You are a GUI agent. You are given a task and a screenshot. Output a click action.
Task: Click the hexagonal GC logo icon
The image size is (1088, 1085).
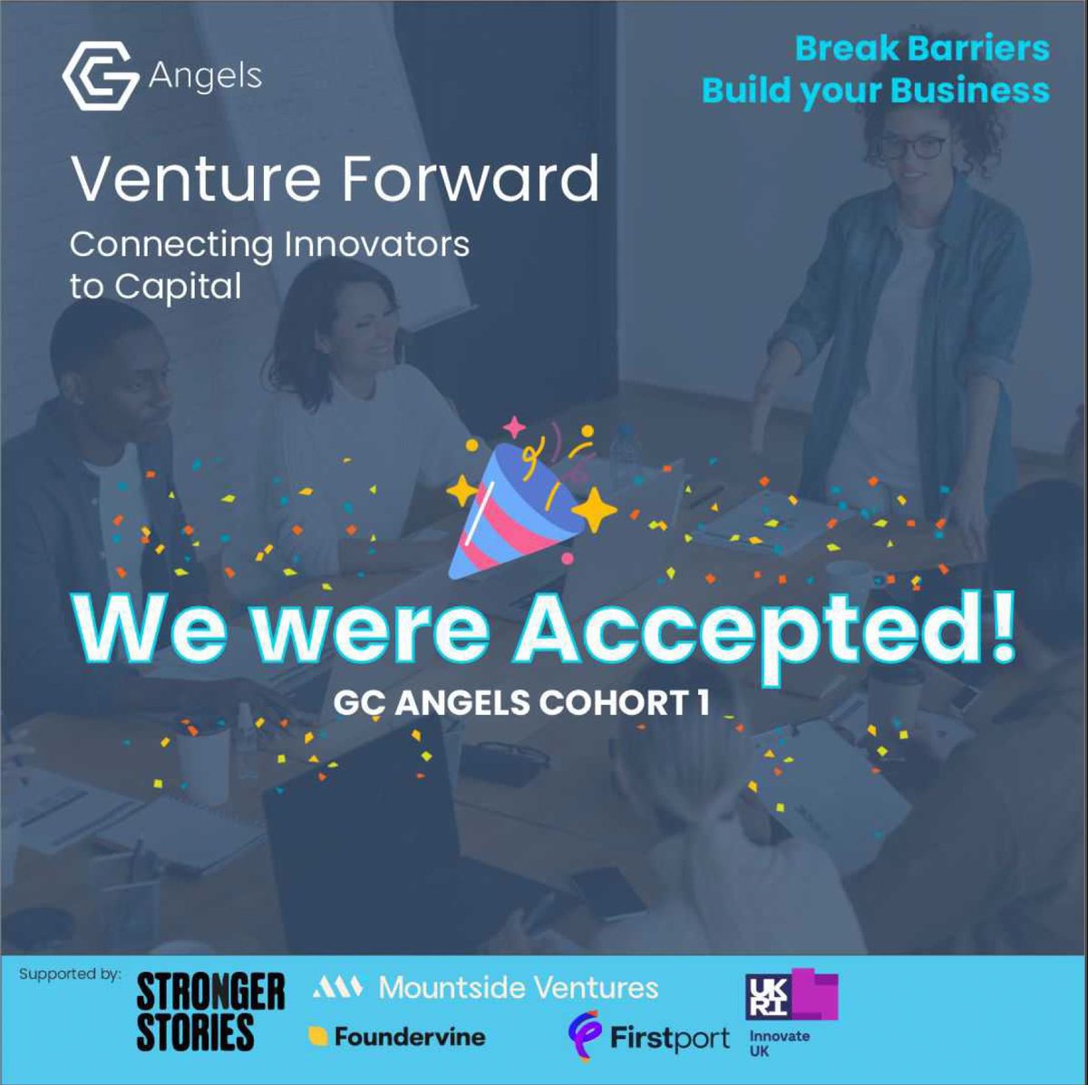click(100, 78)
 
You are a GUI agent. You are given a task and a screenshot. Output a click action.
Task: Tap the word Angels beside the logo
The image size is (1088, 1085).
click(205, 76)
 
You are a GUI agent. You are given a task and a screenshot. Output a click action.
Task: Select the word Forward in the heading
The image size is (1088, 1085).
click(471, 179)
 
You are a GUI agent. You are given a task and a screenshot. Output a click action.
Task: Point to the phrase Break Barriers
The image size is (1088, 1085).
click(921, 48)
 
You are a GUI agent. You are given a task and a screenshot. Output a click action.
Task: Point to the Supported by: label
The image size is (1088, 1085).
click(69, 974)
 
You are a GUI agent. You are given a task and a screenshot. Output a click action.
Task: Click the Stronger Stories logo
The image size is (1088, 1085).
click(210, 1012)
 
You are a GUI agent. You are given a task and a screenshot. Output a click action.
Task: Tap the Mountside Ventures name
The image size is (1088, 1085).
click(518, 987)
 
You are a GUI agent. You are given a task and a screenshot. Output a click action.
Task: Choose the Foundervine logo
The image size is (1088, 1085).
click(398, 1037)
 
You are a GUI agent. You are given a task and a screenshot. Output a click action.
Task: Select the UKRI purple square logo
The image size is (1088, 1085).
click(791, 996)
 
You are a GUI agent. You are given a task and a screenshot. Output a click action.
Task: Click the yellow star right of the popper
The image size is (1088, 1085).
click(594, 510)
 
